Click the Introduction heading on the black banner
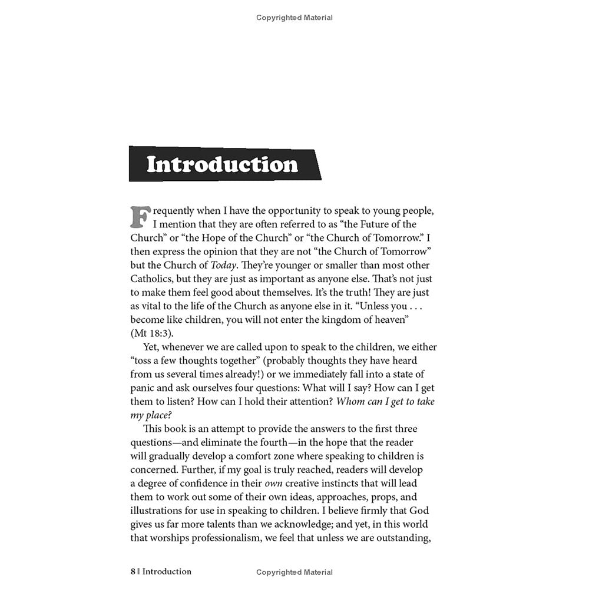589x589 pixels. pos(222,164)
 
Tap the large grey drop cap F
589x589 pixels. pos(139,216)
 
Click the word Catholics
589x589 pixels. pos(153,279)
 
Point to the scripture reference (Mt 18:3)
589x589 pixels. pos(153,333)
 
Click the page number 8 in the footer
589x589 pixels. pos(134,571)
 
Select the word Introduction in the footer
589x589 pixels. pos(167,571)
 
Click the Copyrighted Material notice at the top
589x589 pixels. pos(294,18)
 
